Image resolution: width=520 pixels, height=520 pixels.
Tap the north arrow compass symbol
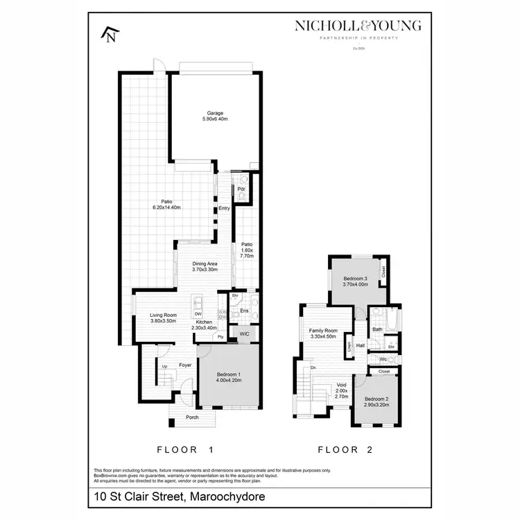click(110, 34)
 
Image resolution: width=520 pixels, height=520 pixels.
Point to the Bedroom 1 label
click(228, 376)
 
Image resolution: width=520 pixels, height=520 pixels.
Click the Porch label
click(191, 417)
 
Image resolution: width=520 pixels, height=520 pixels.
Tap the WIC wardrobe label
click(243, 334)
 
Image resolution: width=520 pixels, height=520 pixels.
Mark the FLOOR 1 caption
click(184, 449)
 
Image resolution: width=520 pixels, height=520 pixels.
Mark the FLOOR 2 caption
click(345, 449)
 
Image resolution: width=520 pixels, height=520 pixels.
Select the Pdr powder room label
click(241, 189)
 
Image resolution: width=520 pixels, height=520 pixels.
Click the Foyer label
click(185, 365)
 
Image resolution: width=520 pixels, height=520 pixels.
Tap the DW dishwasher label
click(198, 313)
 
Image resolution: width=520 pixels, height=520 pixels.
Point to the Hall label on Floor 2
click(361, 345)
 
